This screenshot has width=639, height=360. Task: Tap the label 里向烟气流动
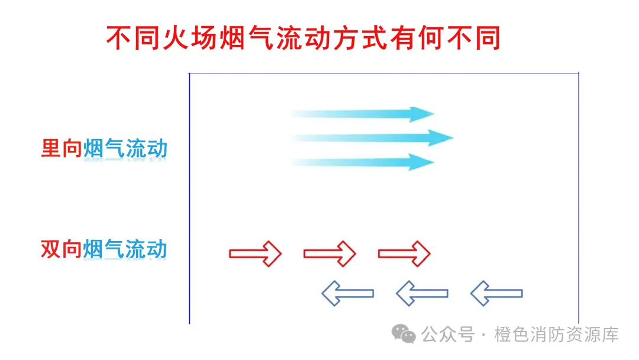pyautogui.click(x=104, y=149)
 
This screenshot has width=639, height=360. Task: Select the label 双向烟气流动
pyautogui.click(x=104, y=249)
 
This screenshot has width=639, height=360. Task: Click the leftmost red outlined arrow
pyautogui.click(x=255, y=253)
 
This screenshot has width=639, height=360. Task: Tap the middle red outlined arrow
pyautogui.click(x=330, y=253)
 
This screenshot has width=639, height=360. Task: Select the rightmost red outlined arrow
pyautogui.click(x=404, y=253)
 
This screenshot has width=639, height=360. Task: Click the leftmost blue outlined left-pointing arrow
pyautogui.click(x=347, y=293)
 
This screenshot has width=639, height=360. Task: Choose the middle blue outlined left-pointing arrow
pyautogui.click(x=422, y=293)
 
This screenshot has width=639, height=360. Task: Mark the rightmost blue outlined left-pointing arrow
pyautogui.click(x=496, y=293)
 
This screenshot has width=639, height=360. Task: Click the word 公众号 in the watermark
pyautogui.click(x=448, y=335)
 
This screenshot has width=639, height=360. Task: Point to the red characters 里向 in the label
pyautogui.click(x=62, y=149)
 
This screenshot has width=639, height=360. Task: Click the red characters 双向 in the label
pyautogui.click(x=62, y=249)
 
